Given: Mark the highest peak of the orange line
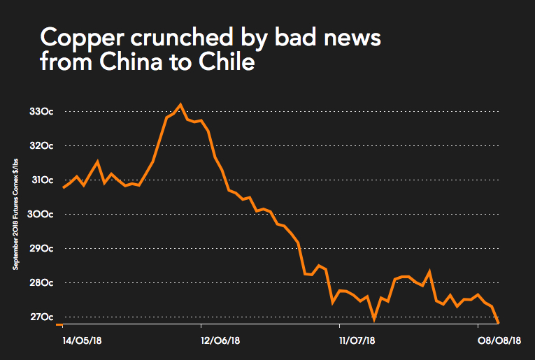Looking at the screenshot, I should pos(180,105).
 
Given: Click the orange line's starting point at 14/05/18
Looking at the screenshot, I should pos(64,187).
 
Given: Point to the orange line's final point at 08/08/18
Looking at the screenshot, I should pos(498,322).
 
